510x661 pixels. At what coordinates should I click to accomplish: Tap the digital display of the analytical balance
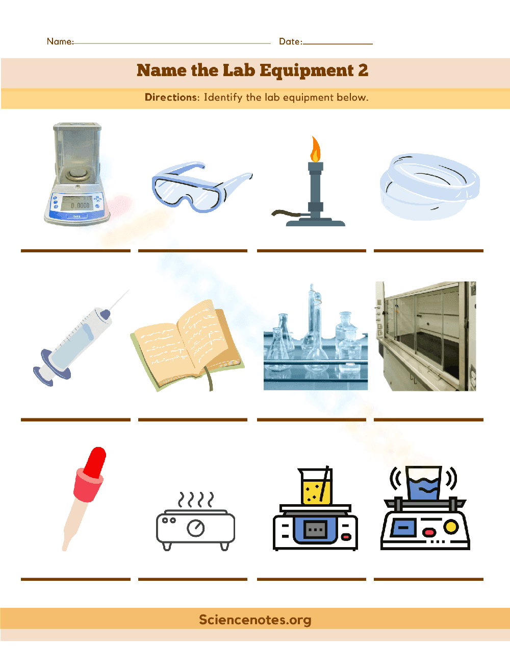click(79, 205)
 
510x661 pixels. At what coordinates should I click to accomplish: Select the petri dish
click(429, 187)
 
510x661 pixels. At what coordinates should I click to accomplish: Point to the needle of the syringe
click(119, 300)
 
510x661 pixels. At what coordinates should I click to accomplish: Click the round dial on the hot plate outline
click(196, 528)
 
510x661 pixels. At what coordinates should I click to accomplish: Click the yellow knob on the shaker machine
click(451, 526)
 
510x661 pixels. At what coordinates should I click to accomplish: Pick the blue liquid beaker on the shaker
click(423, 484)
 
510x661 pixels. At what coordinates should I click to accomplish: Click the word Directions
click(171, 98)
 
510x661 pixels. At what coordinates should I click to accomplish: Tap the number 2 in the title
click(363, 70)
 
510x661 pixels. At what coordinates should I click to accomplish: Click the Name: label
click(60, 41)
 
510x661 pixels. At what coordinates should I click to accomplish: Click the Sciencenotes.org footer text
click(255, 620)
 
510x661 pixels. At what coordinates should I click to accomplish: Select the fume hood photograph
click(426, 336)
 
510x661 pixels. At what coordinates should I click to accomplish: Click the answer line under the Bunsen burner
click(312, 251)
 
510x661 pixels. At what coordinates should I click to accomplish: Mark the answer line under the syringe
click(75, 419)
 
